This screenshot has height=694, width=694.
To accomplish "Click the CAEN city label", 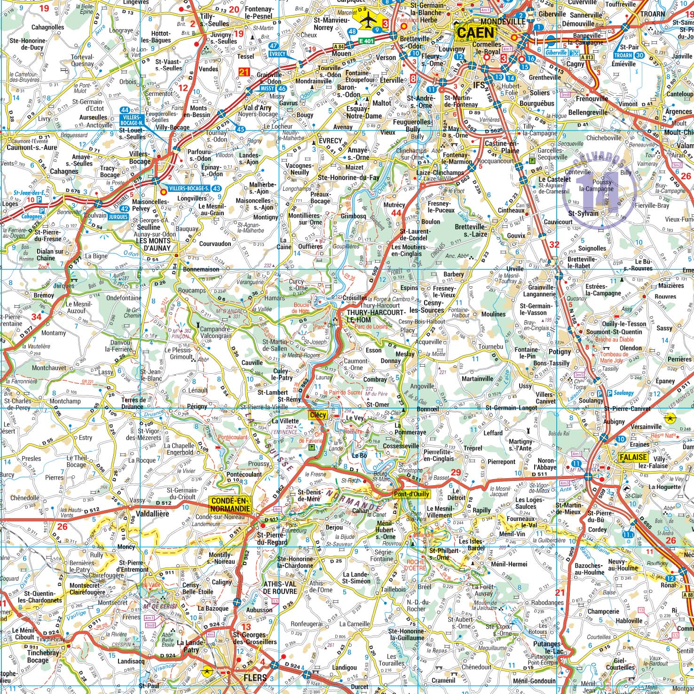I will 475,32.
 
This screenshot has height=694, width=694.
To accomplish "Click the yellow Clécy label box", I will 318,415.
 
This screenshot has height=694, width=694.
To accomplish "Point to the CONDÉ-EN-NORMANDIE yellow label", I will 231,505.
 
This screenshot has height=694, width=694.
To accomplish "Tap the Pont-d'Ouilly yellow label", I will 411,494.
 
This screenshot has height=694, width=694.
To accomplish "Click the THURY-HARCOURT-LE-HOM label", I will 375,315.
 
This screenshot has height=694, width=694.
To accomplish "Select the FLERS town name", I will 255,678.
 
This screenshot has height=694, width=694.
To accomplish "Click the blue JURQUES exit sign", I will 118,217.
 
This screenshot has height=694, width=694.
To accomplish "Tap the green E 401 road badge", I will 366,41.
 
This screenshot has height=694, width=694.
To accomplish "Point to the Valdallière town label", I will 152,514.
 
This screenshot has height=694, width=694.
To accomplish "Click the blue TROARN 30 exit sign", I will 628,55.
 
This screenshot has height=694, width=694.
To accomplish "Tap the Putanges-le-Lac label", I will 547,647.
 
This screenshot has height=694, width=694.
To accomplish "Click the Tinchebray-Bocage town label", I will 44,656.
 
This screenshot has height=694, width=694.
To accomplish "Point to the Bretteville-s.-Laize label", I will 471,230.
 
